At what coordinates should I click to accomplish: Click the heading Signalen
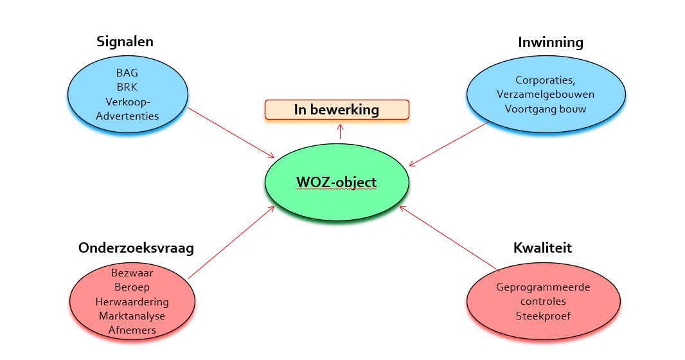125,42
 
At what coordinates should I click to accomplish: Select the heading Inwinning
551,42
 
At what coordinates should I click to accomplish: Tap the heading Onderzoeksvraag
136,248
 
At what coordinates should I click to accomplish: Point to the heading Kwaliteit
542,248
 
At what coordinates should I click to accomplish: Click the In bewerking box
337,109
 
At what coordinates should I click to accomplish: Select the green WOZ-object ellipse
337,183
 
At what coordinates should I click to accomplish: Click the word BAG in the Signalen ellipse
127,73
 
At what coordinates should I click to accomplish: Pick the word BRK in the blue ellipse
127,87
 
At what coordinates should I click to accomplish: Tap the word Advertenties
127,116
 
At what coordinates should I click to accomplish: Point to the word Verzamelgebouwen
545,94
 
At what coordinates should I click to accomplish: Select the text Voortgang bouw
545,109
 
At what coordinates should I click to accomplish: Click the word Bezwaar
132,273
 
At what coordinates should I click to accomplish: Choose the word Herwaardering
132,301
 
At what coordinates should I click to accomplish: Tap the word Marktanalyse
132,316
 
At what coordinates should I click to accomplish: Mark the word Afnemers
132,330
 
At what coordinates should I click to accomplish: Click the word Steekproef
543,316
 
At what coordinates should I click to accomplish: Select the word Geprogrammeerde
543,287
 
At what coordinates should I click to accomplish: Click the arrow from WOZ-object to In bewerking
340,132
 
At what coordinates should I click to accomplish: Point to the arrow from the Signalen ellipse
231,133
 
